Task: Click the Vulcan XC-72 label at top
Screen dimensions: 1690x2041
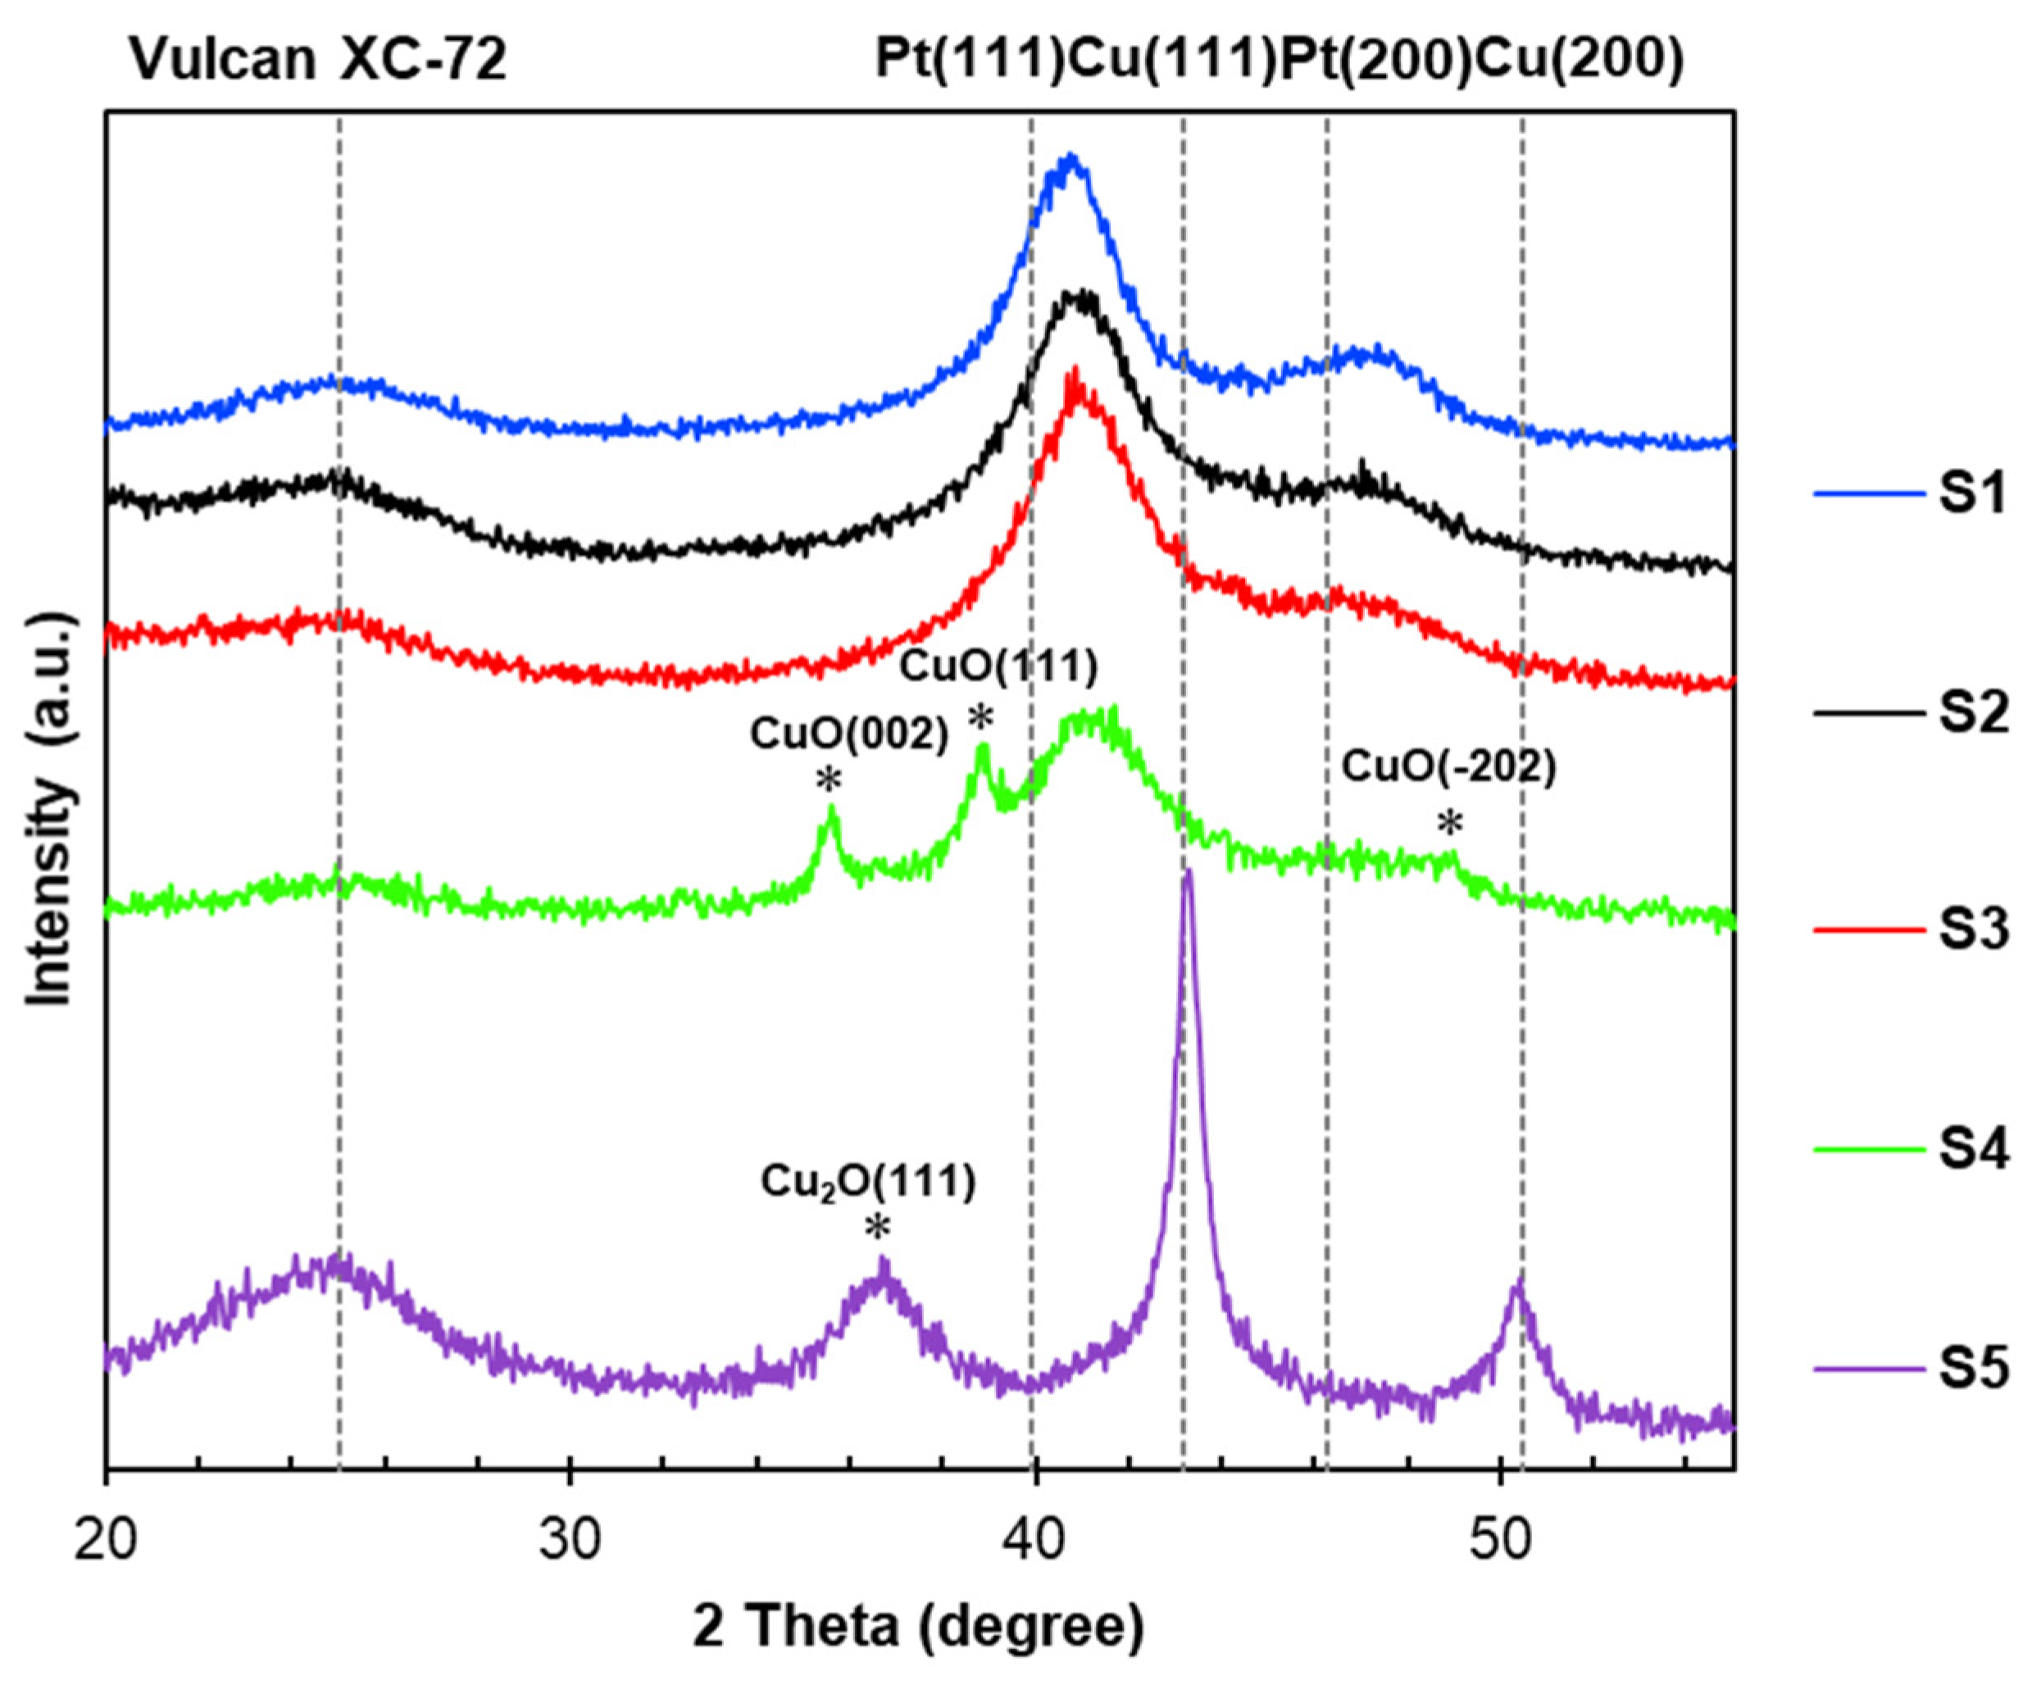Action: [319, 61]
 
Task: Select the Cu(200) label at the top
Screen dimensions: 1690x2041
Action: [1579, 61]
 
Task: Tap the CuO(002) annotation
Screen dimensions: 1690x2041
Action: [848, 736]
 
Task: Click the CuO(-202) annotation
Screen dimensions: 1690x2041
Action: [1449, 768]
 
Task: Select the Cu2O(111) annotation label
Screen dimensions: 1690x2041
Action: [868, 1183]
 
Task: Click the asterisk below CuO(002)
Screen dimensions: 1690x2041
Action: [829, 780]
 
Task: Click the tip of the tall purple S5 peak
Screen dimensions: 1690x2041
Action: [1187, 872]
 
